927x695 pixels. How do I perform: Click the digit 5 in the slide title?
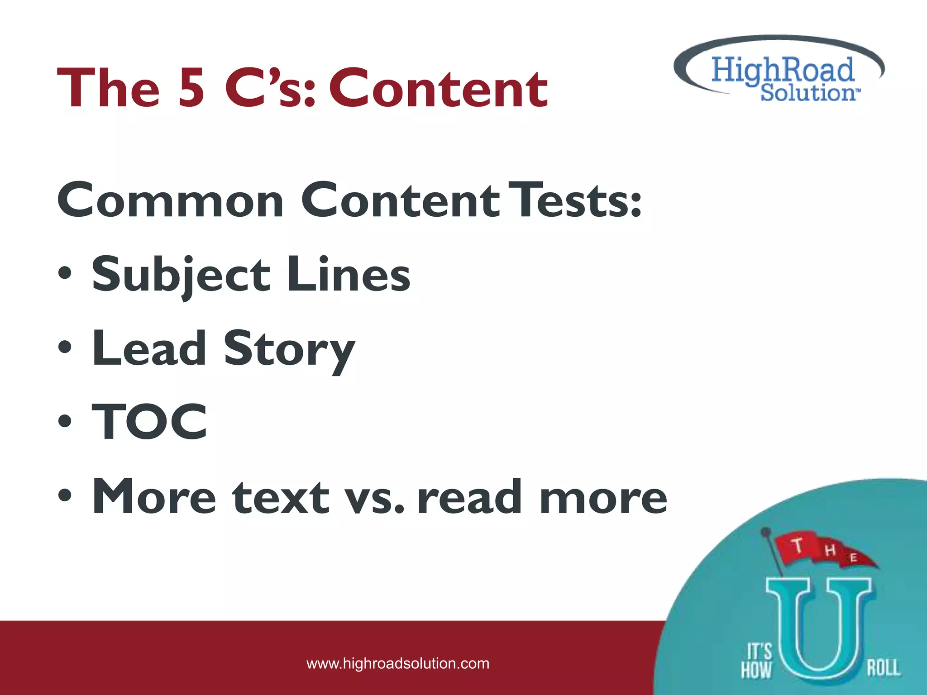point(191,88)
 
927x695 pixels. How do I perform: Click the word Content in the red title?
point(438,88)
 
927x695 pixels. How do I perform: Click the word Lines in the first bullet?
point(349,274)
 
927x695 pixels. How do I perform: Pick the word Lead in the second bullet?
point(149,348)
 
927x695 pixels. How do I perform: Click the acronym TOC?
point(150,422)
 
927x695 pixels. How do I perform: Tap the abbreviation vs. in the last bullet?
point(373,497)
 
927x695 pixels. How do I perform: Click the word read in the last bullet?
point(471,496)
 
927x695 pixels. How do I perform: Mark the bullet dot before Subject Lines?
point(65,274)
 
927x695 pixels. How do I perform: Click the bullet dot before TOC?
point(65,421)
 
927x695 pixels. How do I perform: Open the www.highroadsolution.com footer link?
point(398,663)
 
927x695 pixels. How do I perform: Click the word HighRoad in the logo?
point(783,70)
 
